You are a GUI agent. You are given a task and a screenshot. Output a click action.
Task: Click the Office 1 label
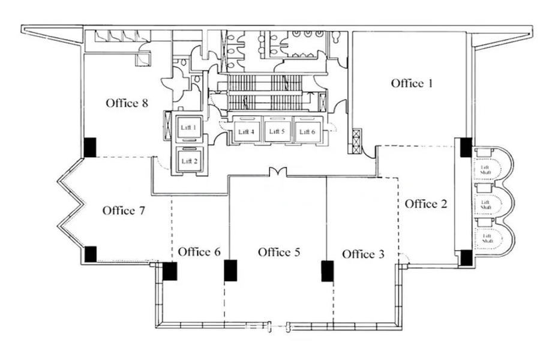click(x=412, y=83)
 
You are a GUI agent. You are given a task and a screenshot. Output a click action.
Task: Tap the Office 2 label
click(x=425, y=203)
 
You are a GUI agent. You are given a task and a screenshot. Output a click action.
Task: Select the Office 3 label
click(x=363, y=254)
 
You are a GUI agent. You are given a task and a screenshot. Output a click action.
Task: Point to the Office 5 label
click(x=279, y=252)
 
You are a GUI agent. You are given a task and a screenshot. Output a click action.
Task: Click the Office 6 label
click(x=199, y=251)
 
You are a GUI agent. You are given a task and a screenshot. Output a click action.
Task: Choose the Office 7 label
click(x=124, y=210)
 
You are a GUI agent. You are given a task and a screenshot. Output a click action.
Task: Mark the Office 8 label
click(x=127, y=103)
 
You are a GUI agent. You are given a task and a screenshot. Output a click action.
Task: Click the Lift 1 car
click(x=189, y=129)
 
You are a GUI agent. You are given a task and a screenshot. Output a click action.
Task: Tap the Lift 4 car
click(x=246, y=130)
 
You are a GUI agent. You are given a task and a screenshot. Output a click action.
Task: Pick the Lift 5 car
click(x=277, y=130)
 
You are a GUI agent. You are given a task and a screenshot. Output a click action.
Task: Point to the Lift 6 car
click(x=307, y=130)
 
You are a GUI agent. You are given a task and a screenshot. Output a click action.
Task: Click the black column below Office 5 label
click(x=327, y=271)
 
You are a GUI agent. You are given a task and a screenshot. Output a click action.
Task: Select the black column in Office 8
click(x=90, y=148)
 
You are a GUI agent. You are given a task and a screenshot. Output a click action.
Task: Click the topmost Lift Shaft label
click(x=485, y=170)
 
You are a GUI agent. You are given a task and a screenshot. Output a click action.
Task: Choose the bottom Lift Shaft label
click(x=487, y=238)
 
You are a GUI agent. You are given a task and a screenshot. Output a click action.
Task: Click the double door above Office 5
click(x=278, y=172)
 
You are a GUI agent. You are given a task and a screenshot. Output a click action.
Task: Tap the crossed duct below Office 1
click(x=357, y=141)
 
